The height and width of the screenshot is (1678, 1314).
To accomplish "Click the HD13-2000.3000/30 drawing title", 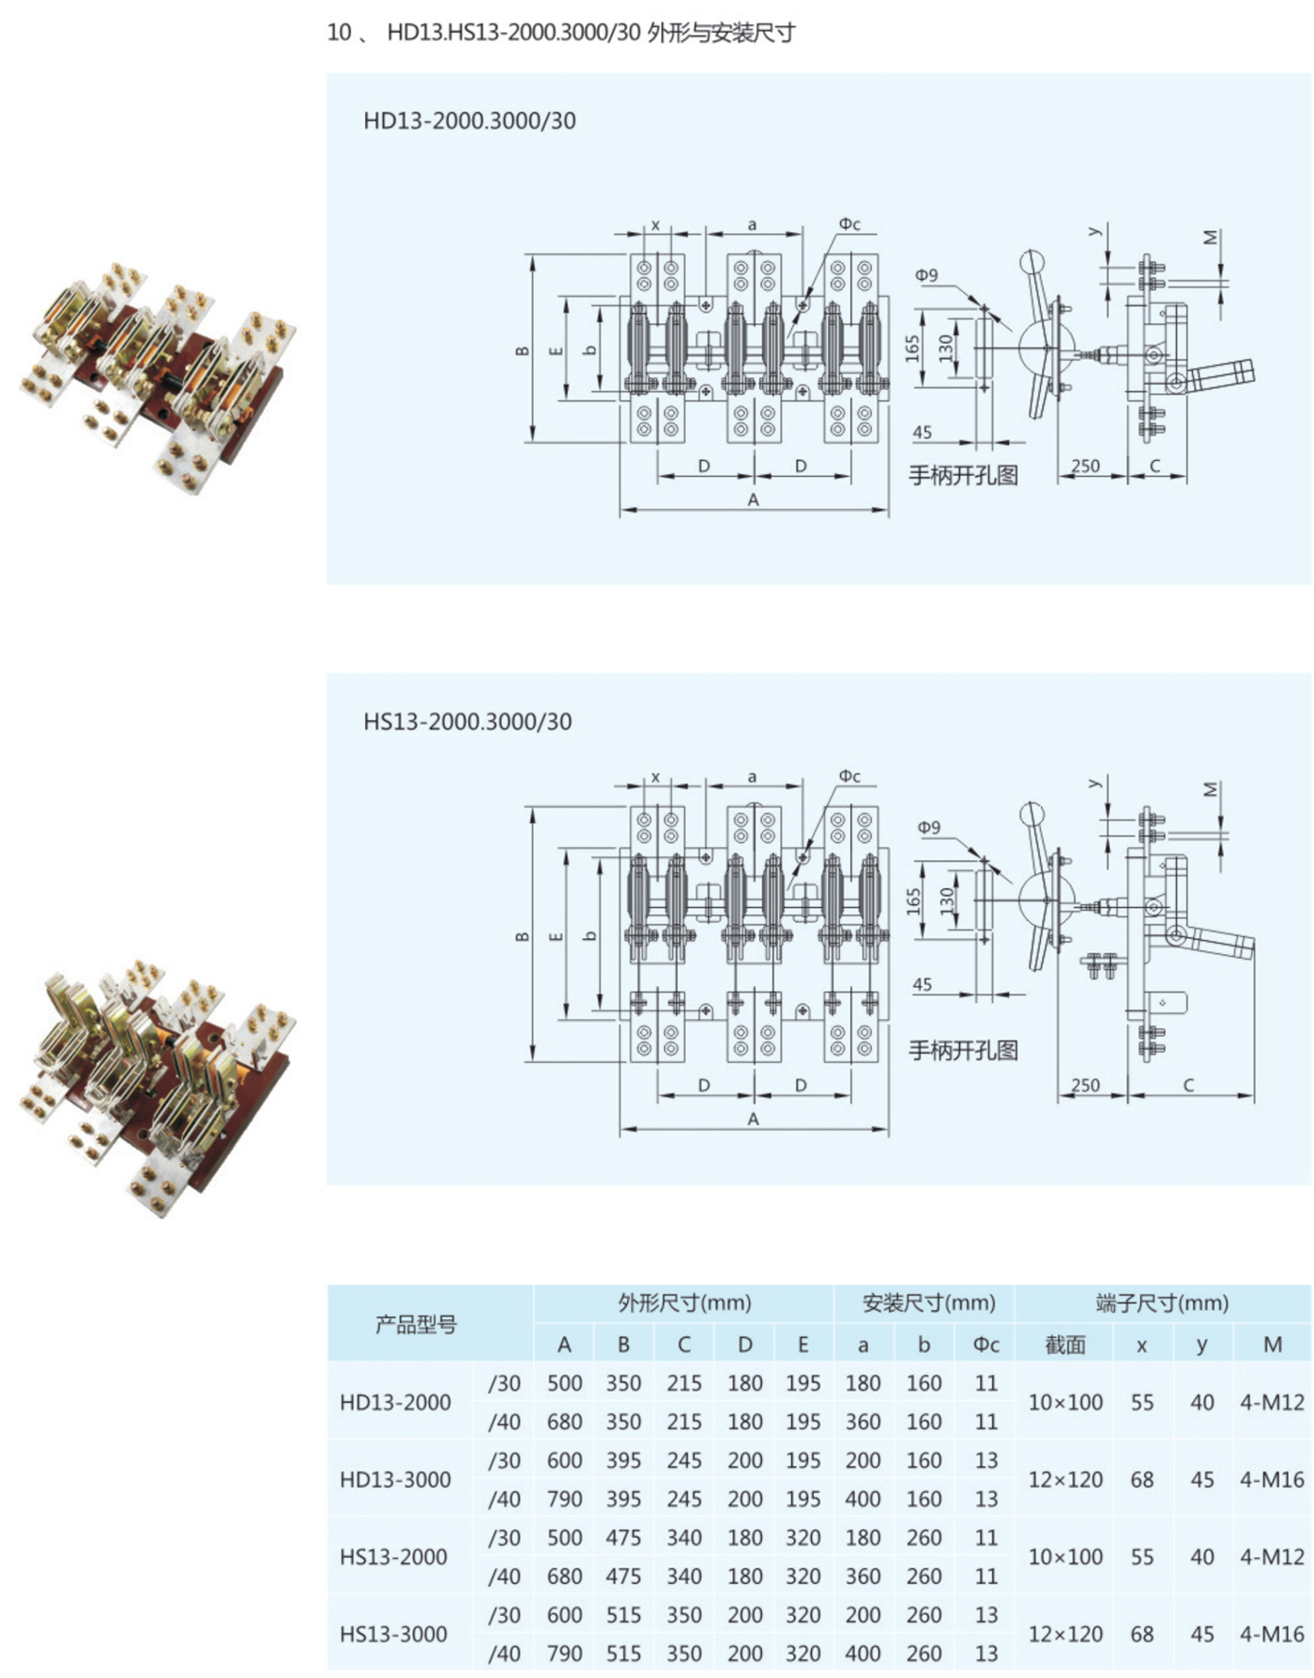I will (x=469, y=121).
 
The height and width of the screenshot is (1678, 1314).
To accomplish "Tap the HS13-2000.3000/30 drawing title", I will (x=467, y=722).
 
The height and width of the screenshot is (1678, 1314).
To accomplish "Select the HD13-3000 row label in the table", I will (x=395, y=1480).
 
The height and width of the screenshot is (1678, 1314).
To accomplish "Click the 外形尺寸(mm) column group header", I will (x=684, y=1303).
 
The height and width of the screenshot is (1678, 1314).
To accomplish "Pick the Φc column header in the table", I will (x=985, y=1345).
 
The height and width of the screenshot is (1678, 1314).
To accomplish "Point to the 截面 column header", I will (x=1065, y=1345).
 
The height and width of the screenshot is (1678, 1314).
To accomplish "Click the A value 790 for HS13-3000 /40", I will (x=564, y=1654).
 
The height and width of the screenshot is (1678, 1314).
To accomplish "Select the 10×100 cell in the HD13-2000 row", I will (x=1065, y=1403).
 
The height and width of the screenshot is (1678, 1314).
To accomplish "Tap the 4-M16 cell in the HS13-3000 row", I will (x=1272, y=1635).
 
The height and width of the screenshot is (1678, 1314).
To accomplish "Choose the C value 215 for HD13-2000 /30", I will (x=684, y=1383).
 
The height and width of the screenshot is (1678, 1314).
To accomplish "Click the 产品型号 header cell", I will (x=416, y=1325).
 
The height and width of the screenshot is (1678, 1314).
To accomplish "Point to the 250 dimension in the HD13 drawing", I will (x=1085, y=466).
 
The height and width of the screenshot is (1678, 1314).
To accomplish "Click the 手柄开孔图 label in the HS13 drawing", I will (x=963, y=1050).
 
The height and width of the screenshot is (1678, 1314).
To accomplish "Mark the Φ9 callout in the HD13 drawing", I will (x=926, y=275).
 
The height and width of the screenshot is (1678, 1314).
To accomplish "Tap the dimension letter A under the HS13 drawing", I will (x=753, y=1119).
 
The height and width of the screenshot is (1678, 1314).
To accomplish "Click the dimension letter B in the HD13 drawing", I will (x=523, y=350).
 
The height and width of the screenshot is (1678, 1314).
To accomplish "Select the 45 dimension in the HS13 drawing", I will (x=923, y=984).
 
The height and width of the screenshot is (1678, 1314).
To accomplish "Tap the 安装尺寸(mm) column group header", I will (x=928, y=1303).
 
